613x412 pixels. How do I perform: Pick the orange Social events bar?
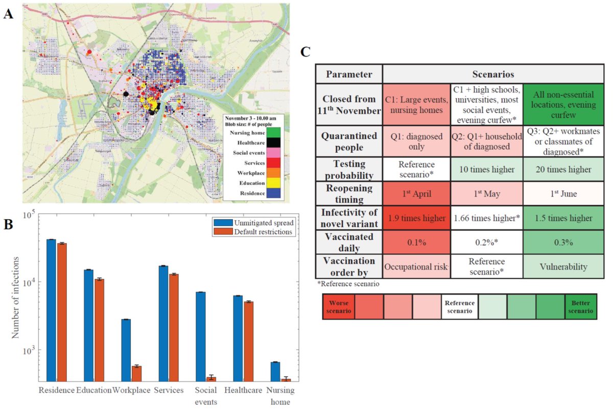(x=210, y=379)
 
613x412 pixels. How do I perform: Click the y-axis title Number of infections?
(x=16, y=297)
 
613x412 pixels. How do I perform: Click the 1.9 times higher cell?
(x=416, y=219)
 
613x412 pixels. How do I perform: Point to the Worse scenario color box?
(x=338, y=307)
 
